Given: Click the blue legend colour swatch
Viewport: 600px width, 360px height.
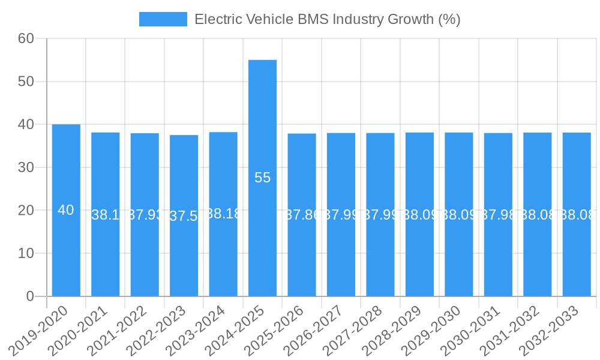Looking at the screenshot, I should (163, 19).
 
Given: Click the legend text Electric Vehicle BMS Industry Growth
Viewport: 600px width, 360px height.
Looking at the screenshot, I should (327, 19).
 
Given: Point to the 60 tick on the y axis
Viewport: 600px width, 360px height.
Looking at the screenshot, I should (27, 38).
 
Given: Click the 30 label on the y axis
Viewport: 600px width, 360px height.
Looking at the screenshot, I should (27, 167).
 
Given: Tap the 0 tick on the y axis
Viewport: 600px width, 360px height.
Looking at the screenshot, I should (31, 296).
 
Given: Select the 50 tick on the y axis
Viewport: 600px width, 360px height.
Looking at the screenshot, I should (27, 82).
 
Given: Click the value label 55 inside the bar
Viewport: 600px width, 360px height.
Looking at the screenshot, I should (263, 178).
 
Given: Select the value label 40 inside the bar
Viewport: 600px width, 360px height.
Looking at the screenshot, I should (66, 210).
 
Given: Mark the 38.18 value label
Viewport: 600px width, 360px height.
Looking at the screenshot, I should (223, 214).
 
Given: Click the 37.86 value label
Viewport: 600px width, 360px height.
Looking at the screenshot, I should (302, 215).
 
